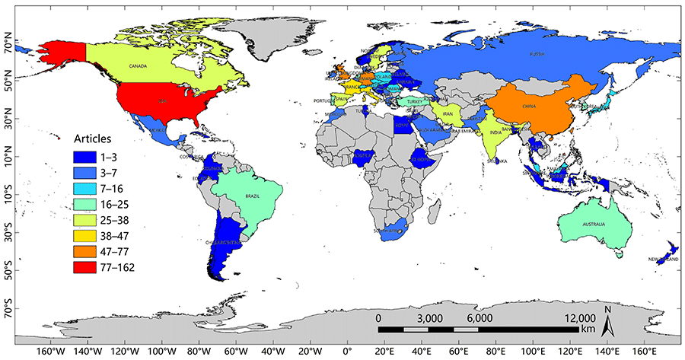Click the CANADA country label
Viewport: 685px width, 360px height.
[x=138, y=66]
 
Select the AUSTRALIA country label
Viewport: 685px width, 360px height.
[x=594, y=225]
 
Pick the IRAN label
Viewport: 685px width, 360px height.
[x=448, y=114]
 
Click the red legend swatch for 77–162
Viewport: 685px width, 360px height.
[x=88, y=267]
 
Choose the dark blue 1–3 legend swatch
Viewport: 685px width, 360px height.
[x=88, y=155]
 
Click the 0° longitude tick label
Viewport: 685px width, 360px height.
[x=347, y=351]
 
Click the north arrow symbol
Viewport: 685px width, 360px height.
[x=607, y=325]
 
